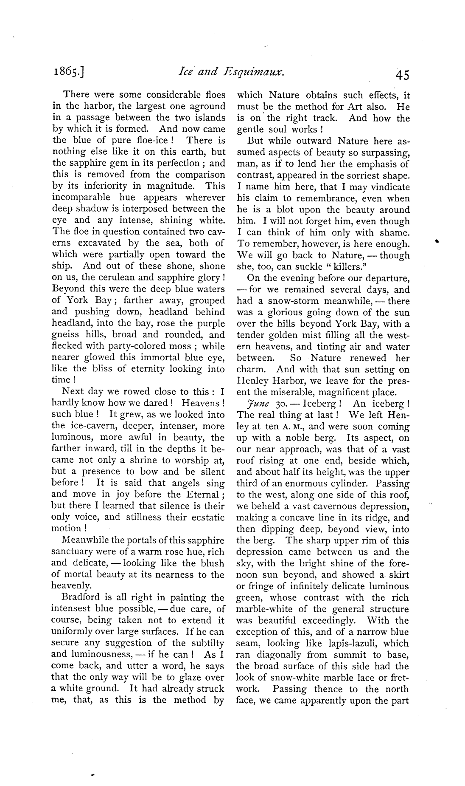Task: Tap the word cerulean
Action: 121,277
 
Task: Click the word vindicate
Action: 389,187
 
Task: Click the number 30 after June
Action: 278,404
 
